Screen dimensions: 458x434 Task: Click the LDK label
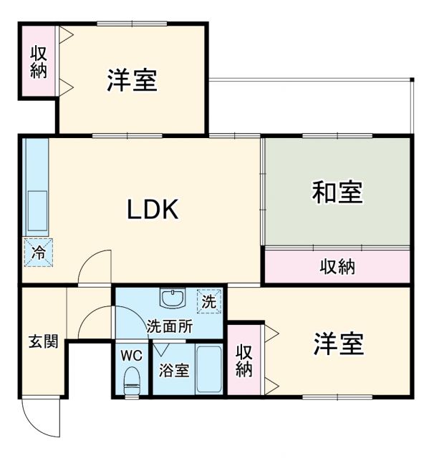[x=152, y=209]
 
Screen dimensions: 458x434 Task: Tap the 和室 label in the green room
[x=337, y=193]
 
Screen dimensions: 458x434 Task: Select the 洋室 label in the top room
[x=132, y=80]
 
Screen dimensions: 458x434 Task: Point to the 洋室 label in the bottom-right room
[x=338, y=344]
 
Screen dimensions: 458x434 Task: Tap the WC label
[x=131, y=355]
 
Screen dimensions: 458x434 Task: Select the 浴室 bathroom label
[x=174, y=370]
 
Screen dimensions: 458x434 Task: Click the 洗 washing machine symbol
[x=208, y=302]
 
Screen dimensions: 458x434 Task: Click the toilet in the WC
[x=132, y=379]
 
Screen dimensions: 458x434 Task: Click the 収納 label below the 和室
[x=337, y=267]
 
